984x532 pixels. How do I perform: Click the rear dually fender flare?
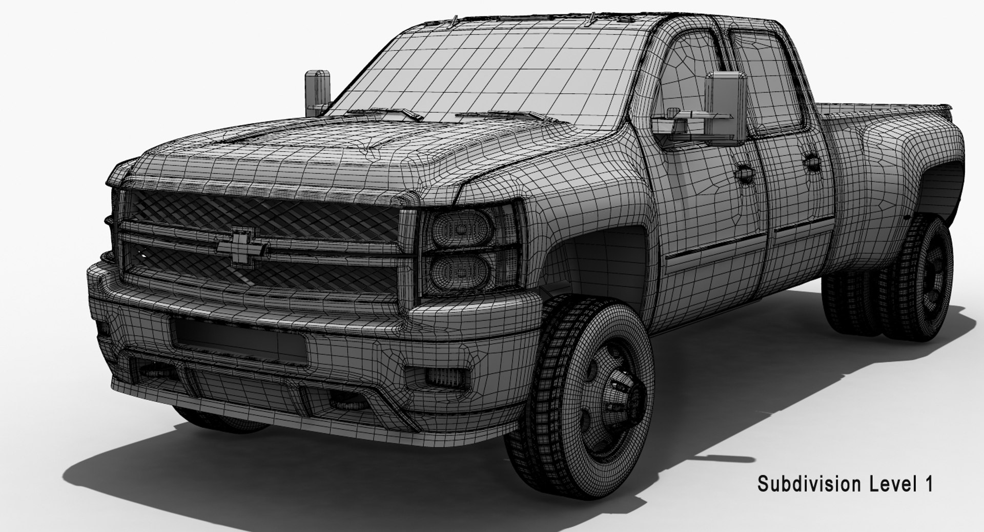click(902, 164)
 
